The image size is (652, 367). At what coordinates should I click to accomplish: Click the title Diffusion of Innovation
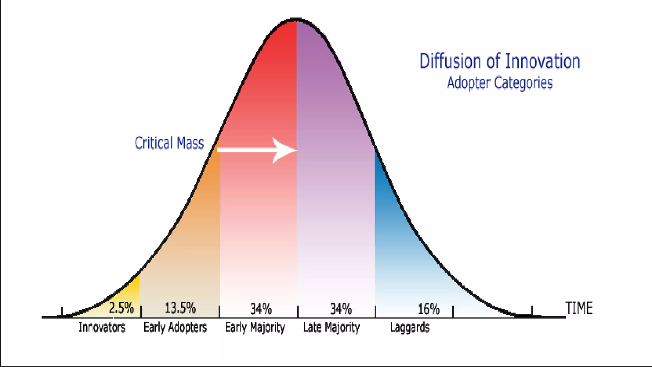click(500, 61)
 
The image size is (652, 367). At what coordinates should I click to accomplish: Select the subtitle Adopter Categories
click(500, 83)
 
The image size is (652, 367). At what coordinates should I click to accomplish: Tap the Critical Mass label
click(169, 143)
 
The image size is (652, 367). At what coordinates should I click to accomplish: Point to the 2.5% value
click(121, 308)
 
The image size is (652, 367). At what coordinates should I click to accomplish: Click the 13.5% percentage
click(180, 308)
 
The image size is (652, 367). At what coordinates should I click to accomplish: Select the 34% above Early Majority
click(261, 309)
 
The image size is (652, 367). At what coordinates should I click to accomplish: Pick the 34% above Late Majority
click(341, 309)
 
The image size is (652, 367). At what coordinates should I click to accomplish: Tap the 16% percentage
click(429, 309)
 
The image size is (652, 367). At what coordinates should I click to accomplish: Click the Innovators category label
click(102, 327)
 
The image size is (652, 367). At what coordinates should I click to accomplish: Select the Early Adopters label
click(175, 327)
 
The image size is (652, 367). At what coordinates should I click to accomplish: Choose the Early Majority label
click(255, 327)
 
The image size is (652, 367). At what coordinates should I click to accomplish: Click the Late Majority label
click(331, 327)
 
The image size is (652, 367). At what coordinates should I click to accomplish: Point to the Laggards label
click(410, 327)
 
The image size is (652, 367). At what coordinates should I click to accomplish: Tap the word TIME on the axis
click(579, 308)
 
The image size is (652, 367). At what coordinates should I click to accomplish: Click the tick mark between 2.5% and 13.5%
click(141, 311)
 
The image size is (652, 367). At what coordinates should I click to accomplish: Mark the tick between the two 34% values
click(298, 311)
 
